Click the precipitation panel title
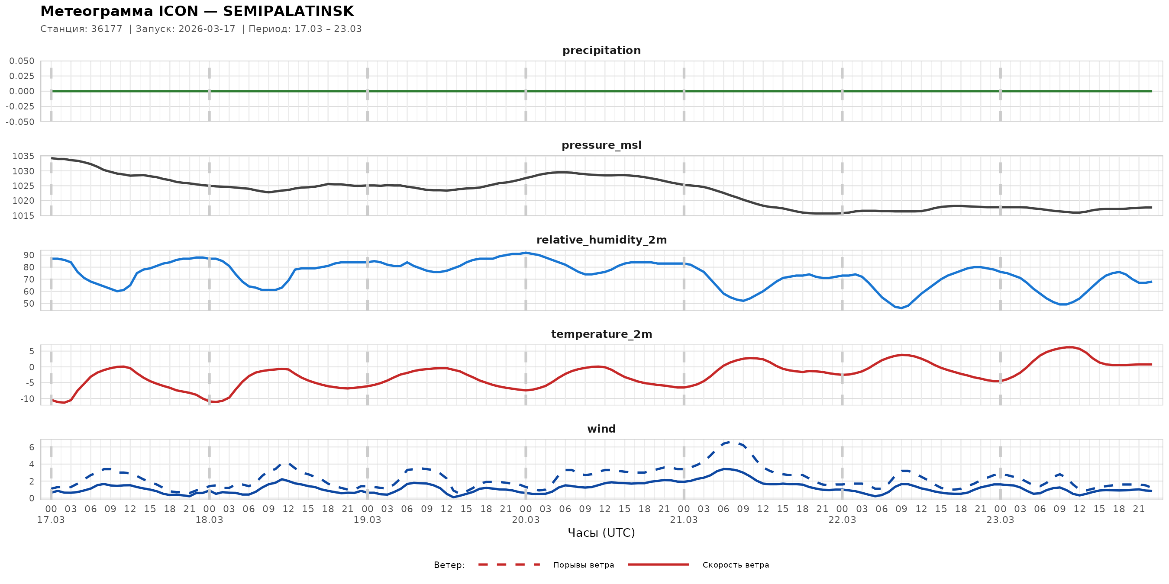[x=601, y=50]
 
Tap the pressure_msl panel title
[x=601, y=145]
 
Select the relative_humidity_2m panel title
[x=601, y=240]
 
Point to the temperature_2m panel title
[x=601, y=334]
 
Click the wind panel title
[x=601, y=429]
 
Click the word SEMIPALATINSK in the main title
[x=288, y=11]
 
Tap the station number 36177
[x=107, y=29]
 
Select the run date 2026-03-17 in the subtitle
[x=207, y=29]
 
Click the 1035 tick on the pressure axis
[x=23, y=157]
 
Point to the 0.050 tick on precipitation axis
[x=22, y=61]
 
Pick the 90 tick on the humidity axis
[x=29, y=255]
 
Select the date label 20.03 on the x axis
[x=526, y=520]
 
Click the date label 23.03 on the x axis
[x=1000, y=520]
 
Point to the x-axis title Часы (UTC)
[x=601, y=533]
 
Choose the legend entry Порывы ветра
[x=583, y=565]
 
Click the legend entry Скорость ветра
[x=735, y=565]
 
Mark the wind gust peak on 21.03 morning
[x=730, y=442]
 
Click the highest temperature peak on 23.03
[x=1069, y=347]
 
